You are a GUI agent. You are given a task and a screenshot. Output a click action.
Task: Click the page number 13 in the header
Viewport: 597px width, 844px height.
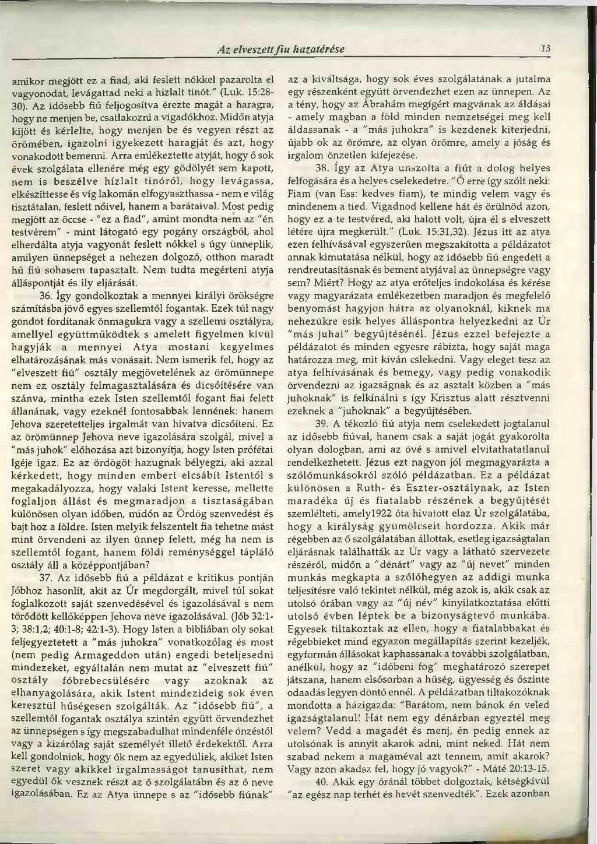545,48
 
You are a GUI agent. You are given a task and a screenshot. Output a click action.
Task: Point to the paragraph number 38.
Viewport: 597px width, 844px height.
322,169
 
